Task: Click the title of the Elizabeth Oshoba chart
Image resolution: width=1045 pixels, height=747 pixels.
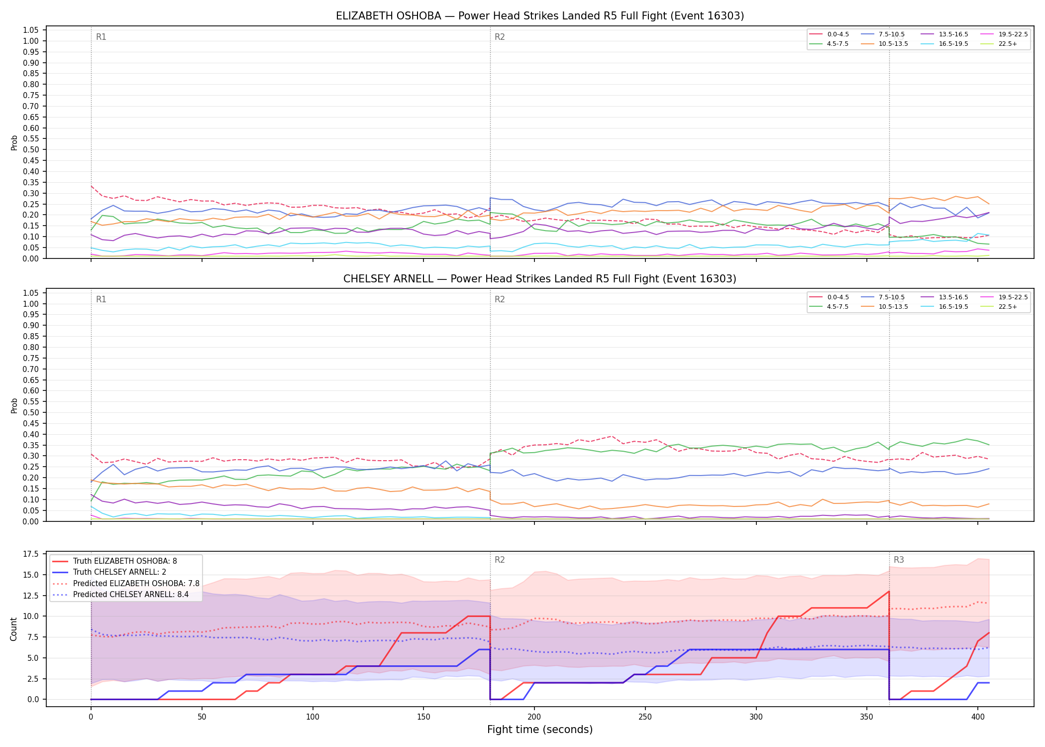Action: tap(540, 16)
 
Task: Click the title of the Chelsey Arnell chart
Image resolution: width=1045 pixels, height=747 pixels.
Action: tap(540, 279)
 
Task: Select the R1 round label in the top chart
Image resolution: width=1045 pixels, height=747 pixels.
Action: tap(101, 37)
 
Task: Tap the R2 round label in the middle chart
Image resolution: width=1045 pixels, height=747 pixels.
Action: tap(500, 299)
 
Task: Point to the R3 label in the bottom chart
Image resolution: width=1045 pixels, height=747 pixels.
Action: tap(899, 560)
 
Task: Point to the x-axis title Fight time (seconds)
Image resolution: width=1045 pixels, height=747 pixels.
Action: tap(540, 730)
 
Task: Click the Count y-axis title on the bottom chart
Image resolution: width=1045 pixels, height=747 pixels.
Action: tap(14, 629)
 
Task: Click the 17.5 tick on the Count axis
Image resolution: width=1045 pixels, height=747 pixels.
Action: tap(31, 554)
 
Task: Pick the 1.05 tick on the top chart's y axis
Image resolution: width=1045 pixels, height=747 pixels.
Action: tap(31, 30)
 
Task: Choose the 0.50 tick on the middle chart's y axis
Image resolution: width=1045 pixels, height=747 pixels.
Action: tap(31, 412)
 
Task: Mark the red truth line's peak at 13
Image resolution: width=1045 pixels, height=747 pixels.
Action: tap(889, 592)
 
